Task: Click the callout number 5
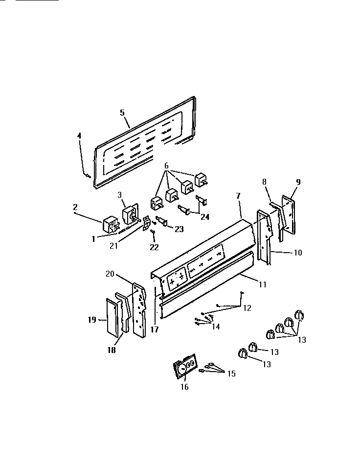[122, 112]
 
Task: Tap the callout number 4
[79, 136]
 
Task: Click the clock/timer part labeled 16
[185, 367]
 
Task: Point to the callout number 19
[91, 320]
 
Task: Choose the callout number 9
[298, 182]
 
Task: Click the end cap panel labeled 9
[288, 213]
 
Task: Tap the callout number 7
[238, 196]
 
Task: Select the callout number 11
[263, 283]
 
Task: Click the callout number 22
[154, 247]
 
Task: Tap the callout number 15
[230, 374]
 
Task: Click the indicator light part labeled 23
[162, 222]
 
